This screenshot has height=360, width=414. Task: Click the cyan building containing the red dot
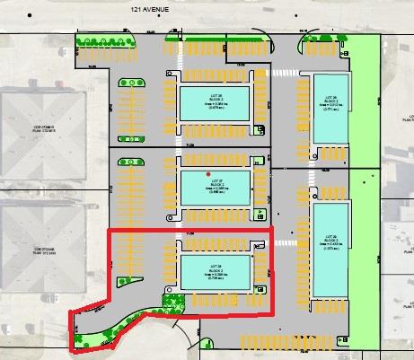[x=216, y=188]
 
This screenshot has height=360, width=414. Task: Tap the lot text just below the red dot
[x=216, y=184]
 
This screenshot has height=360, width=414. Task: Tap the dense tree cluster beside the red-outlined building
[x=171, y=303]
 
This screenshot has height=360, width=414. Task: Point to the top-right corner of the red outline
[x=270, y=231]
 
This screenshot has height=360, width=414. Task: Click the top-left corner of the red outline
[x=109, y=232]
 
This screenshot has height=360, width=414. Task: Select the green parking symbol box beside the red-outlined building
[x=260, y=289]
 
